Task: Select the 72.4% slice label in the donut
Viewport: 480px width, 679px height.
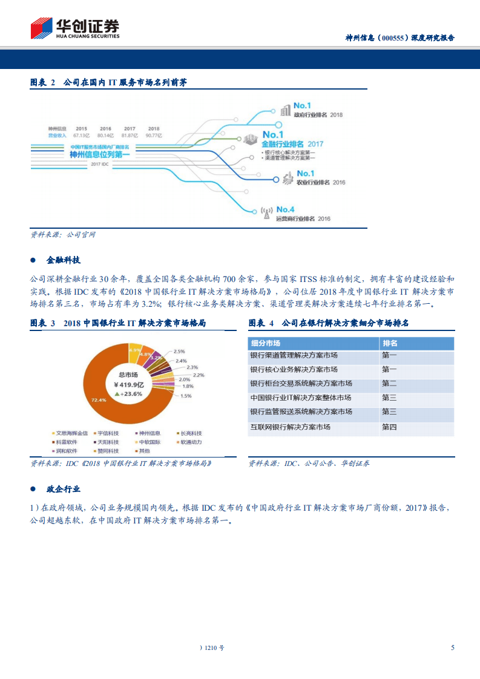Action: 99,400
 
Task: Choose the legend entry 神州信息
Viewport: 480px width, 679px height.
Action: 150,433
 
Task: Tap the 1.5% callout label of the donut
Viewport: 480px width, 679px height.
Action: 186,396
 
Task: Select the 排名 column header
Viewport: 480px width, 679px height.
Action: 390,343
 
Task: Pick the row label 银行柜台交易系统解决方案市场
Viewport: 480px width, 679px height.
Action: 301,384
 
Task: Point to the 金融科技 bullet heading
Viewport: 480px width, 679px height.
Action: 64,260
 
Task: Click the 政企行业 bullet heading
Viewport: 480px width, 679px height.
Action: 64,489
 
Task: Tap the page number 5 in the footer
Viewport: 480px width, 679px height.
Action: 452,648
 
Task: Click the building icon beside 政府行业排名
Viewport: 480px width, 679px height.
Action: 285,111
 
